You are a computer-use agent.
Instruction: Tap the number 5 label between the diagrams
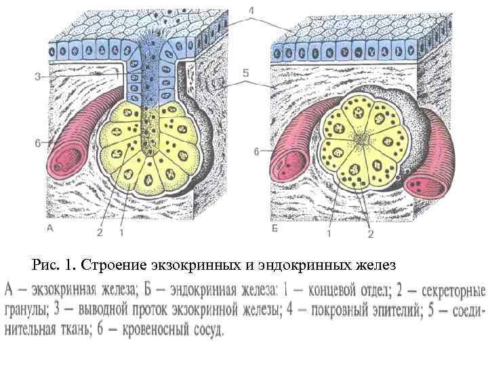coord(247,70)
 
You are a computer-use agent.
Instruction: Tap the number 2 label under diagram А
coord(99,233)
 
